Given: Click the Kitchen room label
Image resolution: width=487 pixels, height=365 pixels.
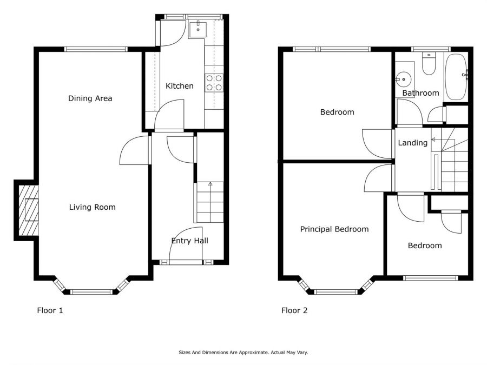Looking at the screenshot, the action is point(180,86).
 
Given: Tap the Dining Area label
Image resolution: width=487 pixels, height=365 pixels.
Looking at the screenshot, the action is point(90,98).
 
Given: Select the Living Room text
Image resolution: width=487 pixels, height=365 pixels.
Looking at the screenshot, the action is point(92,207).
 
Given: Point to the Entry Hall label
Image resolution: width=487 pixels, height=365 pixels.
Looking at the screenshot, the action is point(190,241).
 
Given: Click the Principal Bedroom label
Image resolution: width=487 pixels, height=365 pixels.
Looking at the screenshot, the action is point(334,229).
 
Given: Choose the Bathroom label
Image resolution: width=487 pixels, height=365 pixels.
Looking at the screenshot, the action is point(420,93).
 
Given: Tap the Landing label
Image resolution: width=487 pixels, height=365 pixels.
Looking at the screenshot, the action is point(413,143).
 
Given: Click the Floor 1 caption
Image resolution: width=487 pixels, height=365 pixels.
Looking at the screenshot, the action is point(50,310).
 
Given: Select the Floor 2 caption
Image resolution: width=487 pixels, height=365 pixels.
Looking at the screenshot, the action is point(294,310).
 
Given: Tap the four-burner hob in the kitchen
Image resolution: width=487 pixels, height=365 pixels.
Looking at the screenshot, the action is point(214,83).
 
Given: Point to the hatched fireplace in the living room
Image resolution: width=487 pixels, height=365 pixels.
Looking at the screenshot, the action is point(29,210).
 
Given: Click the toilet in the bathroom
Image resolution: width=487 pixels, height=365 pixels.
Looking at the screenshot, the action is point(429,64).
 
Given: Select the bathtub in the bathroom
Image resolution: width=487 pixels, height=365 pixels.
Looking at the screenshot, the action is point(456,77).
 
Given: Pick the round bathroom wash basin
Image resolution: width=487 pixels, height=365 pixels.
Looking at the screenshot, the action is point(404,79).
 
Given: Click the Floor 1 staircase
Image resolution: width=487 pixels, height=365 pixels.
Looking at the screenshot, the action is point(210,202).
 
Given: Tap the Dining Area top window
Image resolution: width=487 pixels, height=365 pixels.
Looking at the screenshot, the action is point(96,49).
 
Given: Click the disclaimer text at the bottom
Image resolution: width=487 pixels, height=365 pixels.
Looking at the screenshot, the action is point(243,352).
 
